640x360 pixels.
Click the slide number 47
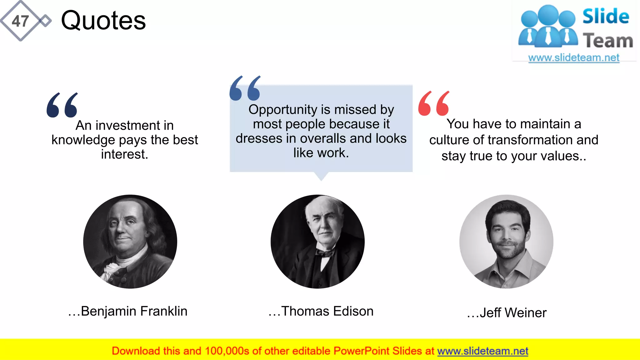20,21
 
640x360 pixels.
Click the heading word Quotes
103,21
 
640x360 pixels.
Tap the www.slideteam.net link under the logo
574,58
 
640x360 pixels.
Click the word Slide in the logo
606,16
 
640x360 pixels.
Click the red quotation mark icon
434,104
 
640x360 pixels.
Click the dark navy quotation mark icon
62,105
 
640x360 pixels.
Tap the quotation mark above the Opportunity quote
245,88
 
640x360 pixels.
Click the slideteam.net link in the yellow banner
482,351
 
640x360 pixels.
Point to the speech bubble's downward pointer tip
321,179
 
